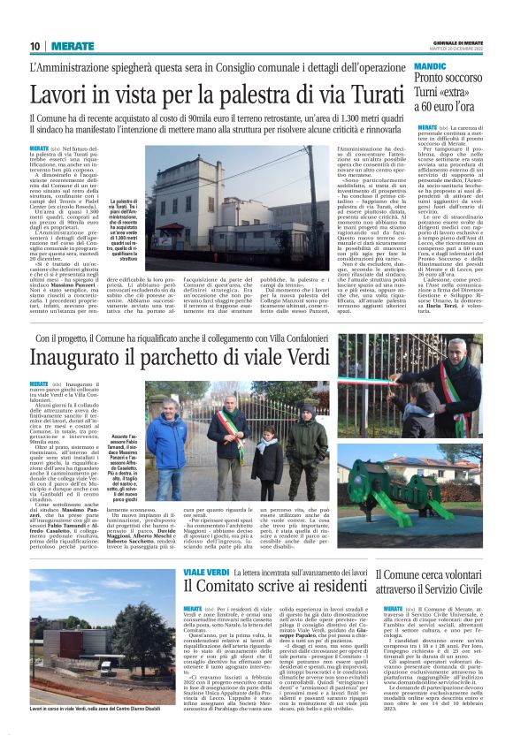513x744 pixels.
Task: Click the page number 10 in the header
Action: point(34,46)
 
